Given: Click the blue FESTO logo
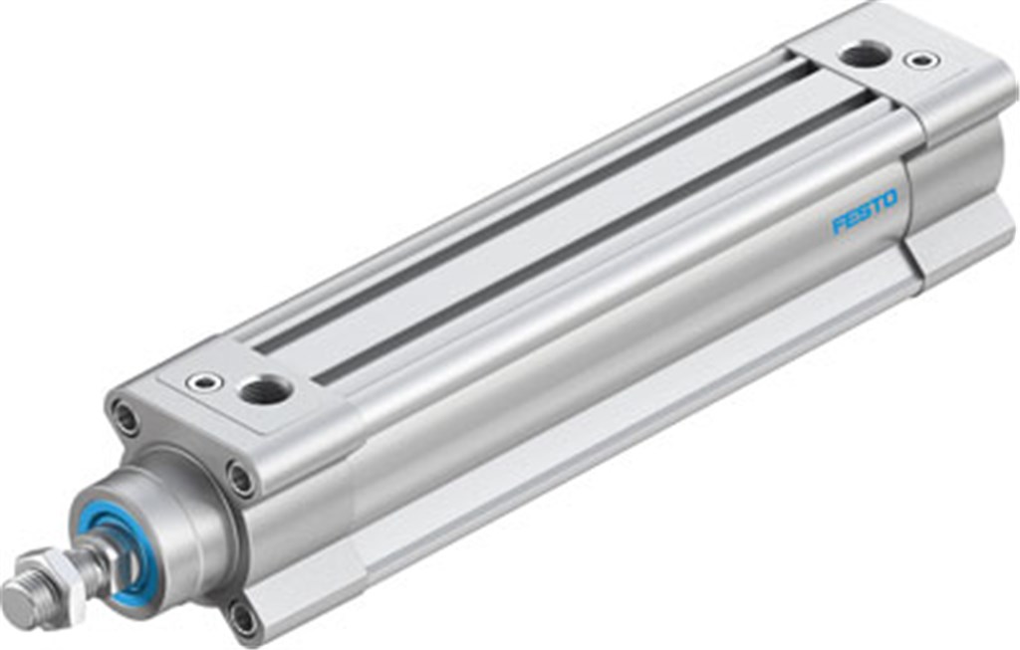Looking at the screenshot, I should tap(864, 212).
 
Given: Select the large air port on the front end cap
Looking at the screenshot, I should tap(265, 390).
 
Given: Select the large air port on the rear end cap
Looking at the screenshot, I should tap(864, 53).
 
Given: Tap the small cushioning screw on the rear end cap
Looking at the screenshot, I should tap(921, 60).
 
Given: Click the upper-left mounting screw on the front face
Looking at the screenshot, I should tap(127, 417).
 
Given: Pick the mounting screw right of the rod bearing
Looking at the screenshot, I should tap(241, 479).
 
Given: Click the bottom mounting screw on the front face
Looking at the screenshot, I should tap(243, 619).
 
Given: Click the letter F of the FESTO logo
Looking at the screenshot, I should tap(839, 224).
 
